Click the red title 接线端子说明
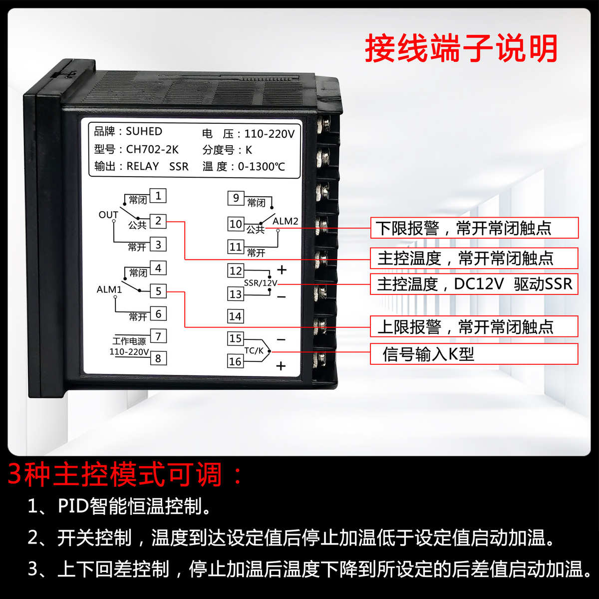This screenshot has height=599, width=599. pos(461,48)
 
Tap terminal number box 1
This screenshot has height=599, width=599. pos(158,196)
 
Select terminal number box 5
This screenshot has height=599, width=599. pos(158,291)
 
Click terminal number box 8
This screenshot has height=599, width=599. pos(158,358)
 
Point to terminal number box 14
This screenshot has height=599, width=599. pos(235,316)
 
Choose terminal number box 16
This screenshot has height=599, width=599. pos(235,361)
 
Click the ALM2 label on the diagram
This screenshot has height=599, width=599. pos(285,221)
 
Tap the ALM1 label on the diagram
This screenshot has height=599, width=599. pos(109,290)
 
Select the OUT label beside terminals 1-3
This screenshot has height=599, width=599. pos(108,215)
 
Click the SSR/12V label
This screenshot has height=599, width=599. pos(260,283)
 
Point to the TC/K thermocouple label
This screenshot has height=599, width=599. pos(254,351)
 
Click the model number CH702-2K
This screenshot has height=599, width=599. pos(152,149)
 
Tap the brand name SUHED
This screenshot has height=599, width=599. pos(144,131)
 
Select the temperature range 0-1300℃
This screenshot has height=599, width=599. pos(261,166)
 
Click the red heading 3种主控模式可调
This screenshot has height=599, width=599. pos(125,475)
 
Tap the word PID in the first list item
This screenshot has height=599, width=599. pos(73,506)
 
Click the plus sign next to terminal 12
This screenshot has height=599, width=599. pos(282,270)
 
